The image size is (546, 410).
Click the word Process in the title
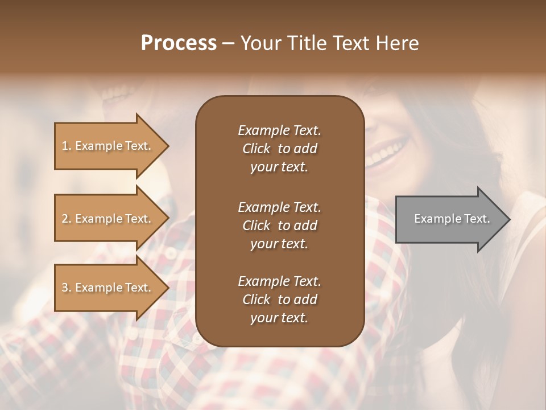[x=179, y=43]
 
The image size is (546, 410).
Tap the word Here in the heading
[x=398, y=43]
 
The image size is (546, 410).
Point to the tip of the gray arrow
[x=508, y=219]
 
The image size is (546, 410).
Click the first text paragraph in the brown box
[x=279, y=149]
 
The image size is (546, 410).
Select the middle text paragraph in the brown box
[x=279, y=225]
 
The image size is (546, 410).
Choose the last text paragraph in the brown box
[x=279, y=300]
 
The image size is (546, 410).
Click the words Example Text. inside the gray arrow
[x=452, y=219]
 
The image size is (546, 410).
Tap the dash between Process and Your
[x=228, y=44]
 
